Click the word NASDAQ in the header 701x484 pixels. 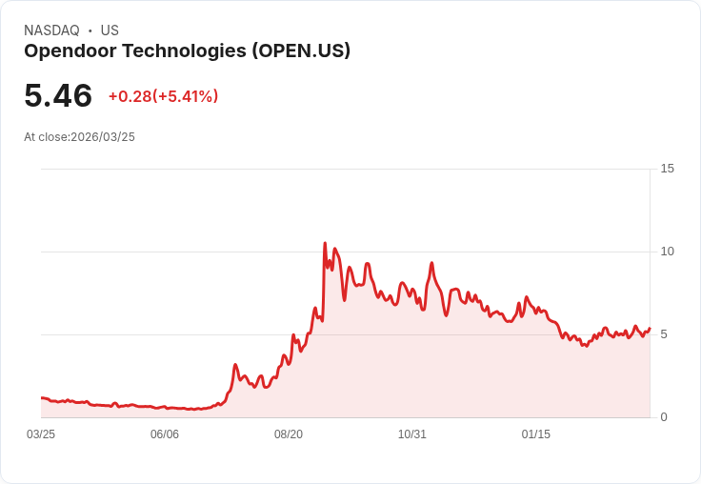coord(51,30)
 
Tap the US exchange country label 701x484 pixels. coord(110,30)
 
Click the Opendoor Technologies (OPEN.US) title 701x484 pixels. coord(187,51)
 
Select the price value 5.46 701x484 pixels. coord(58,96)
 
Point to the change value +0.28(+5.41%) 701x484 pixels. coord(163,96)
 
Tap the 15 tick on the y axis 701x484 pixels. coord(667,169)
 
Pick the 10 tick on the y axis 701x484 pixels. coord(667,252)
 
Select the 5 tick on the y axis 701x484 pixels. coord(664,334)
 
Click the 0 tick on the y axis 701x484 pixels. coord(664,417)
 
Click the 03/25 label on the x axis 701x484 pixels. coord(41,434)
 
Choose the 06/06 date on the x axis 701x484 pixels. coord(165,434)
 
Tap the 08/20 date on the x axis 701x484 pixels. coord(289,434)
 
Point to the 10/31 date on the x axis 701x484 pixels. coord(412,434)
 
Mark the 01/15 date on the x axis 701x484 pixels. coord(536,434)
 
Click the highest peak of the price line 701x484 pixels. coord(325,244)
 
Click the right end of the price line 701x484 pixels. coord(649,329)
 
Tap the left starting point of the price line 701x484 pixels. coord(42,398)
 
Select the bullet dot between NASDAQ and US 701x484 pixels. coord(90,30)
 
